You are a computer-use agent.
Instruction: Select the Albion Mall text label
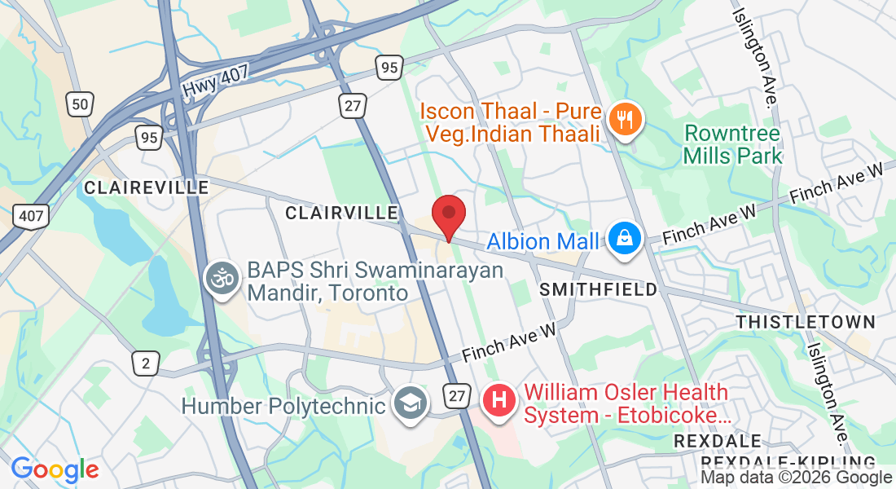(x=542, y=241)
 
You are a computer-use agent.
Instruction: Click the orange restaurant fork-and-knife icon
(x=626, y=121)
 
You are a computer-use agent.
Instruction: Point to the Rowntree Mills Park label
(x=732, y=144)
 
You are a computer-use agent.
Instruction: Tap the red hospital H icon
(x=500, y=401)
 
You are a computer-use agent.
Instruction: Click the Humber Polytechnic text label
(x=283, y=406)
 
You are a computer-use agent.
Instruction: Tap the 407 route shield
(x=31, y=215)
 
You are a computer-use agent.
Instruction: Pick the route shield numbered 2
(x=146, y=363)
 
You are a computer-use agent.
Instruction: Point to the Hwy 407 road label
(x=216, y=80)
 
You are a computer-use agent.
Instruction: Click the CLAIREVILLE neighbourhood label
(x=147, y=188)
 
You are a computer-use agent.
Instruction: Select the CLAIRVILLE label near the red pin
(x=341, y=213)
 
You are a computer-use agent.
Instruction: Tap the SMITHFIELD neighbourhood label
(x=599, y=289)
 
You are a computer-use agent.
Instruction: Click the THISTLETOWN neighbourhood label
(x=805, y=322)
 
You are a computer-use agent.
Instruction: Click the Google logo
(x=55, y=469)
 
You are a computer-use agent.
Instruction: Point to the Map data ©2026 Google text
(x=796, y=478)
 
